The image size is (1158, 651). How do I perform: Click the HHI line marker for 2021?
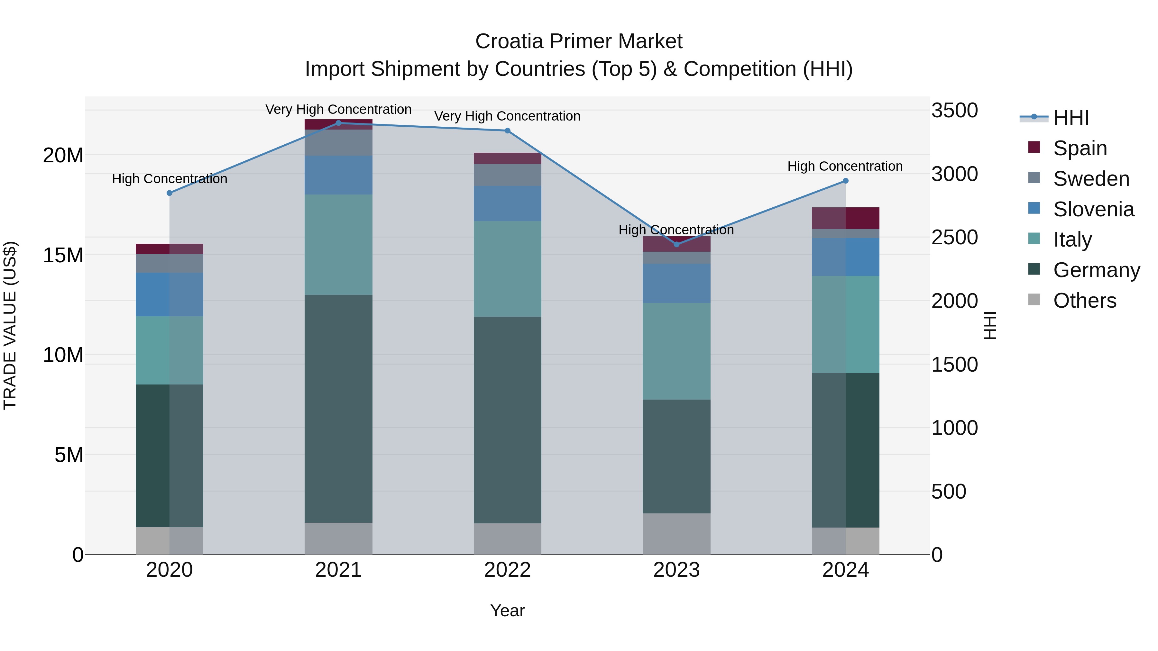(x=338, y=123)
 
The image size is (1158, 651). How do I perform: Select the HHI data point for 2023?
(x=676, y=244)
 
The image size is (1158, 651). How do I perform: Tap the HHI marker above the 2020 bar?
(x=170, y=193)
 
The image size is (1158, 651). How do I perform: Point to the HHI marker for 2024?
(x=846, y=181)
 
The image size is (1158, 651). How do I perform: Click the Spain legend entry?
(x=1080, y=148)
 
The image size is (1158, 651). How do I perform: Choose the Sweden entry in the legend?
(x=1091, y=179)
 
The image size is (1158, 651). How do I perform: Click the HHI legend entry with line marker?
(x=1054, y=118)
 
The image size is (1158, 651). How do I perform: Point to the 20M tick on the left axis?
(x=63, y=156)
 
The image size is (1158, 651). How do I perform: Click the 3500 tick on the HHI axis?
(x=954, y=111)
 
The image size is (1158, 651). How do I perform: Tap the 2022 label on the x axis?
(x=508, y=570)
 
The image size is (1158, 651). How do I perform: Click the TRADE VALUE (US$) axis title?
(x=10, y=325)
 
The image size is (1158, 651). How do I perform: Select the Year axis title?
(x=508, y=610)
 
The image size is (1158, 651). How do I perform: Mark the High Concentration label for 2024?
(x=845, y=166)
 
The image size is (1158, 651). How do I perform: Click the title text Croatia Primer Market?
(x=579, y=41)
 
